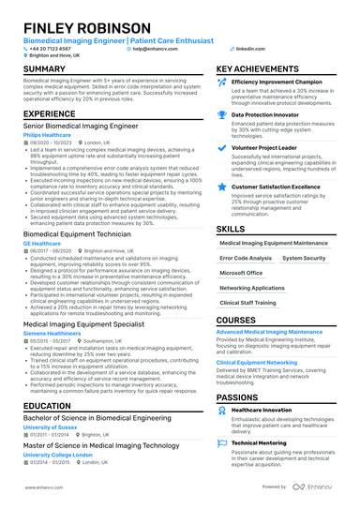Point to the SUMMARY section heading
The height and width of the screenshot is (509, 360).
click(x=44, y=69)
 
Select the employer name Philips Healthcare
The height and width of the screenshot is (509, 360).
click(x=46, y=135)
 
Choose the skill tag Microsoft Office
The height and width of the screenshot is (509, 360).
click(x=241, y=273)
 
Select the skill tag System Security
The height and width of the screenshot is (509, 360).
click(x=304, y=258)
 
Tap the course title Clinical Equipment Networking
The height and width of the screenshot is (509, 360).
click(x=257, y=361)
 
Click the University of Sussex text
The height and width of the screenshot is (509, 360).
click(x=48, y=427)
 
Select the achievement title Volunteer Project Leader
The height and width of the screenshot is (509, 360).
click(x=272, y=146)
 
